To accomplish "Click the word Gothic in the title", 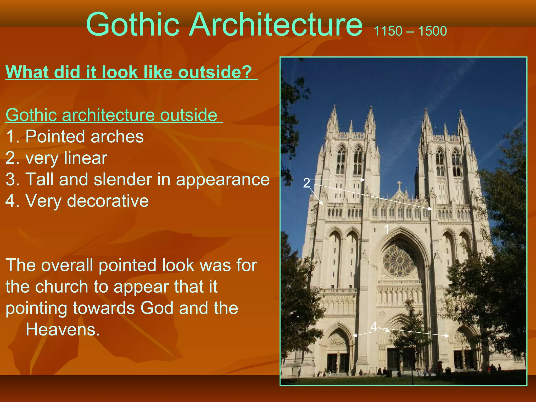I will click(133, 25).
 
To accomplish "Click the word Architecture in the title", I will click(275, 25).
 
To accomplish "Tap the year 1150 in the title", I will click(388, 31).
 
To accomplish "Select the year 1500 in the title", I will click(432, 31).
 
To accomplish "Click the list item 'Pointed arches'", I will click(85, 137).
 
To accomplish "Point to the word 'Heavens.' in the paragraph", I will click(63, 330).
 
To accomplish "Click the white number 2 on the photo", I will click(306, 183).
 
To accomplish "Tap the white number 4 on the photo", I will click(374, 326).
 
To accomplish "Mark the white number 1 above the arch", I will click(387, 230).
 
